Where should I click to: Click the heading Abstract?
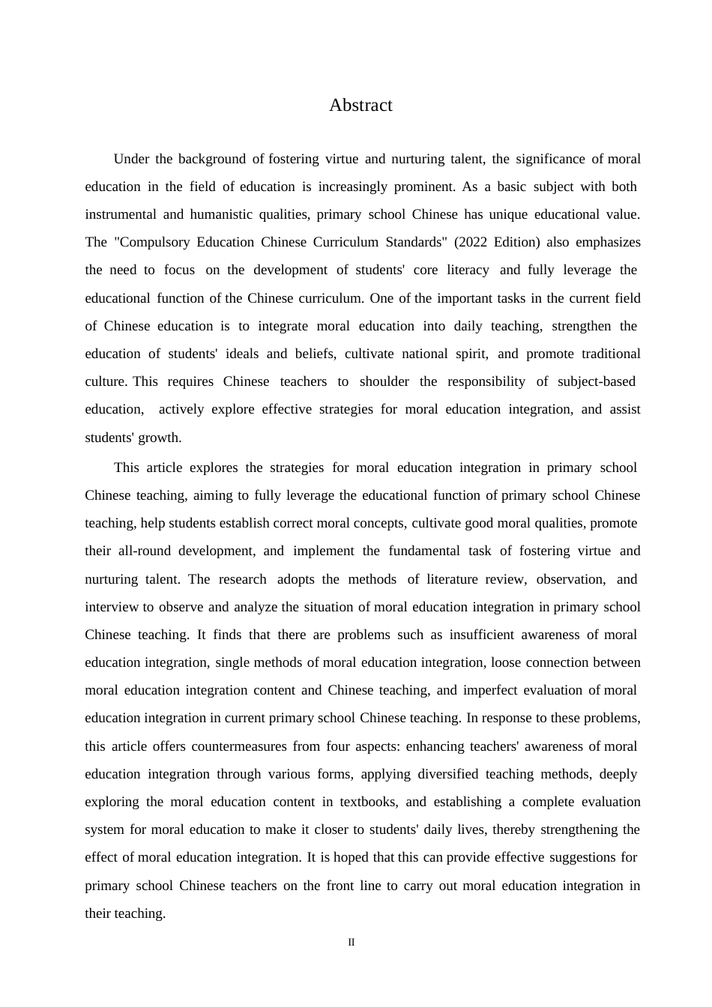(x=360, y=106)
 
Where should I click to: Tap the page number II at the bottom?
(x=351, y=942)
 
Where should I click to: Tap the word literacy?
(x=468, y=270)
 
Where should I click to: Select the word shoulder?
(x=384, y=381)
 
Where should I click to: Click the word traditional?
(x=606, y=354)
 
